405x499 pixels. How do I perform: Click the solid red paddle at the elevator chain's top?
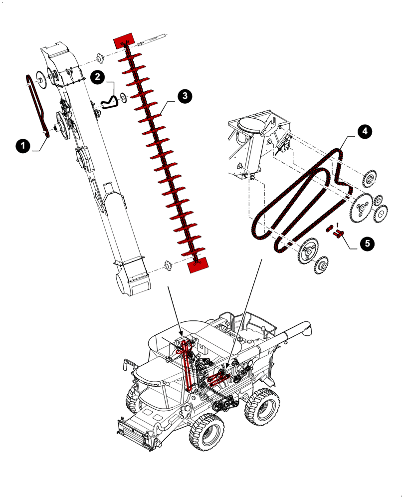[124, 39]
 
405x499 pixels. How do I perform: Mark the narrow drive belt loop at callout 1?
[37, 105]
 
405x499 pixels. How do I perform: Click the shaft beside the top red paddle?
[153, 39]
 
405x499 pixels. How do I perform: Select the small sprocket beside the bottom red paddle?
[168, 264]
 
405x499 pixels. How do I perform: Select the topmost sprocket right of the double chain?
[371, 179]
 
